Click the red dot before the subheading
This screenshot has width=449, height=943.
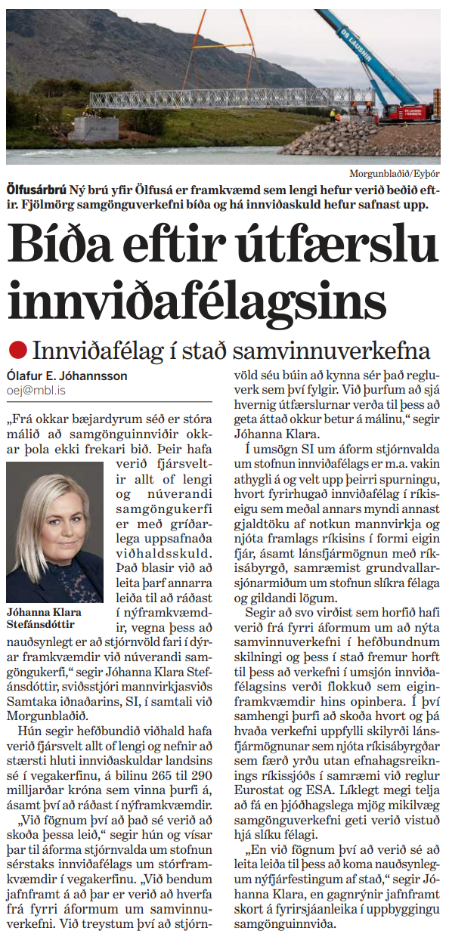[17, 350]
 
